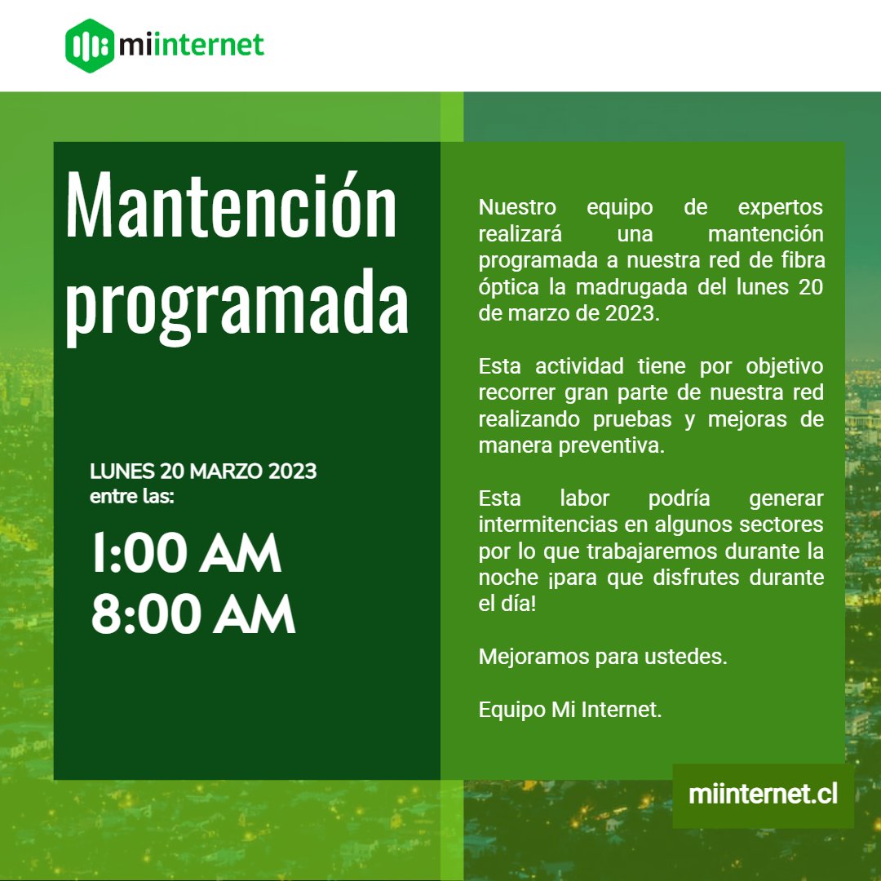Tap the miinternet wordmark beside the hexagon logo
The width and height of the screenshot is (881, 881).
pos(191,46)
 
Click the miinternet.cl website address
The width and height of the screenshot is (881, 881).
pos(763,795)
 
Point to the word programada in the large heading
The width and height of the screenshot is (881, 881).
pos(237,302)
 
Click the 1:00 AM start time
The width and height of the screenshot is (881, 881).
pos(186,554)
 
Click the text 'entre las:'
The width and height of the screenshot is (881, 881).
pos(132,496)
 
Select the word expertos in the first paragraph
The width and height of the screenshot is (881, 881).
pos(781,207)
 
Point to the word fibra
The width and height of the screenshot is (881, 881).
pos(801,261)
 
